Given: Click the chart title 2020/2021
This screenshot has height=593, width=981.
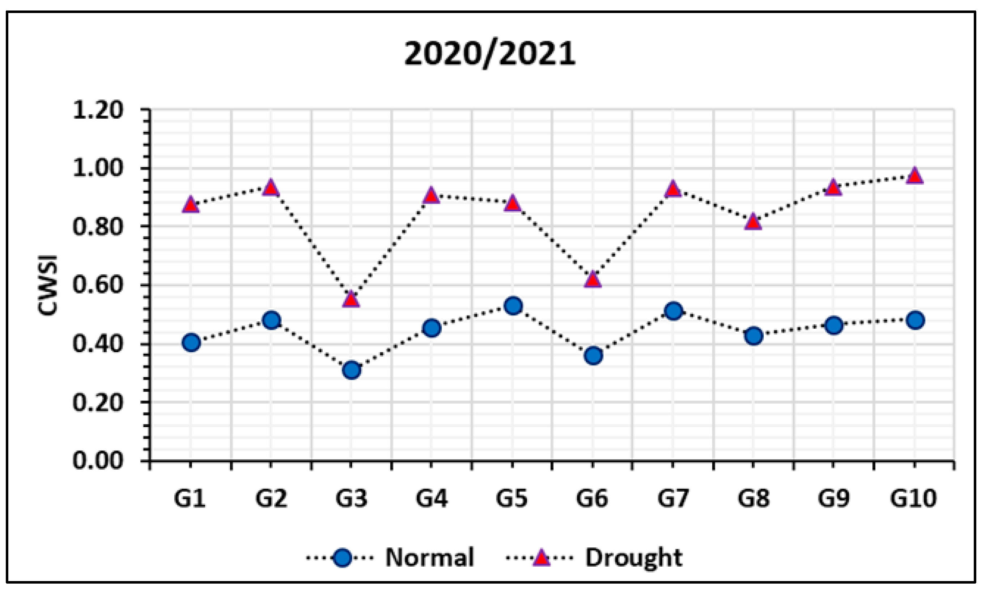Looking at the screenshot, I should pyautogui.click(x=490, y=55).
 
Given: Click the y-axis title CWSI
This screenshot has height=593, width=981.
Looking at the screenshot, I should pyautogui.click(x=48, y=285).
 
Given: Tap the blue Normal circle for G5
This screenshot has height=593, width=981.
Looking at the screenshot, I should pyautogui.click(x=513, y=306).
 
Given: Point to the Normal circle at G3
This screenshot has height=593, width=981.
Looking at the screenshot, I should pyautogui.click(x=351, y=370).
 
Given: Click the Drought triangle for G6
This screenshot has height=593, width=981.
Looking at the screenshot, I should pyautogui.click(x=593, y=280).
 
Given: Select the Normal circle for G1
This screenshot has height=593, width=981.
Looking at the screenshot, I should pyautogui.click(x=191, y=343).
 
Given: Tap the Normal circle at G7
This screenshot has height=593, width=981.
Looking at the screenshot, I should pyautogui.click(x=673, y=311).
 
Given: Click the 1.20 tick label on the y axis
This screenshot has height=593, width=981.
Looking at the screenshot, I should pyautogui.click(x=98, y=110).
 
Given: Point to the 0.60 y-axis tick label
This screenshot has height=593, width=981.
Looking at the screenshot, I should pyautogui.click(x=98, y=285).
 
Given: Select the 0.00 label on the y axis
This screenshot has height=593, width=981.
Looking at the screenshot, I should pyautogui.click(x=98, y=461).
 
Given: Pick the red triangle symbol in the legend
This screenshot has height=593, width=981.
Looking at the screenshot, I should pyautogui.click(x=541, y=557).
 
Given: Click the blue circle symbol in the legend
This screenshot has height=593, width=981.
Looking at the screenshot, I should pyautogui.click(x=341, y=558).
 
